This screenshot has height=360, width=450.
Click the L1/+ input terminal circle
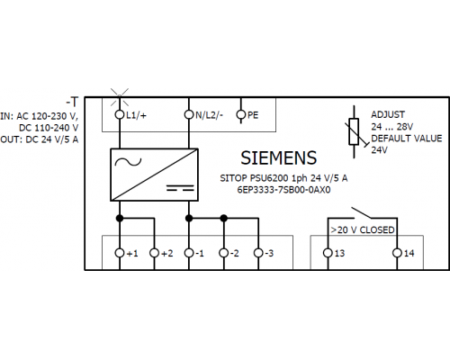coord(120,114)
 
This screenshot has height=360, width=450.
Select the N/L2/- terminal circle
coord(189,114)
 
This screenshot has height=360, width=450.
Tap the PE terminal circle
coord(241,114)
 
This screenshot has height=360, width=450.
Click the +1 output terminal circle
coord(120,253)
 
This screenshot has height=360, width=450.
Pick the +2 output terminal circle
coord(154,253)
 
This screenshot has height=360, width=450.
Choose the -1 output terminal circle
coord(189,253)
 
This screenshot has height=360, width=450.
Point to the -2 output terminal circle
coord(224,253)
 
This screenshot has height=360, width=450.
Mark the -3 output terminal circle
coord(258,253)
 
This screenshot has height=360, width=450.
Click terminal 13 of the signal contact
coord(328,253)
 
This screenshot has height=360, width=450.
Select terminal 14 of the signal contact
coord(397,253)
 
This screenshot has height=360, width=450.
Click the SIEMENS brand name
coord(279,157)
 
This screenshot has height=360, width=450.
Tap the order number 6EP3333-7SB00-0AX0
coord(283,190)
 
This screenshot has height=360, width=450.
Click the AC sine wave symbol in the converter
coord(128,162)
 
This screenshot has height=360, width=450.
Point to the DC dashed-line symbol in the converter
coord(181,188)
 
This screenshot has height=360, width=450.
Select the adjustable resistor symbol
coord(355,131)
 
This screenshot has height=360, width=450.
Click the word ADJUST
coord(388,114)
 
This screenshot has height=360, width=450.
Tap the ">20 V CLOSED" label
coord(363,230)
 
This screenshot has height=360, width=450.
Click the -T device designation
coord(72,102)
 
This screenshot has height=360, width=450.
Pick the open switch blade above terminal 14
coord(362,212)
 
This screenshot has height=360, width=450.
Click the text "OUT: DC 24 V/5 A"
coord(40,139)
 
